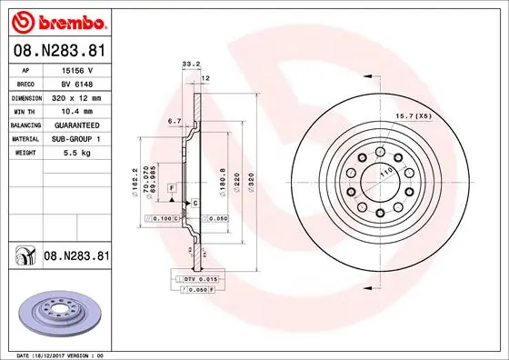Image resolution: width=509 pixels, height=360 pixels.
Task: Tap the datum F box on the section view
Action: coord(170,187)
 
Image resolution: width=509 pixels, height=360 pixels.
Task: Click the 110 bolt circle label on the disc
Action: coord(384,171)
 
